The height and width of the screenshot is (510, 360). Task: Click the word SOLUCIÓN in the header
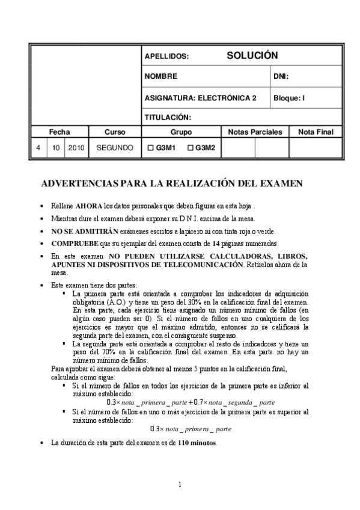click(252, 55)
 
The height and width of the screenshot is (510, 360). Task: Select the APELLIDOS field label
click(166, 57)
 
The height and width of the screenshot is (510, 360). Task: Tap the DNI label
click(281, 76)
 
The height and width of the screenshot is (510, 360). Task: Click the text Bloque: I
click(289, 97)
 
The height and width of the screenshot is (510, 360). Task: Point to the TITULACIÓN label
click(168, 117)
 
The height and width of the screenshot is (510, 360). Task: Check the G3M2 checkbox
click(191, 147)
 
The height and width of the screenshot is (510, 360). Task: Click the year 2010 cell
click(76, 147)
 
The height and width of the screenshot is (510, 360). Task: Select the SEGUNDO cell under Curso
click(115, 147)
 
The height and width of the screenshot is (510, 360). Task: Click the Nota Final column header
click(311, 132)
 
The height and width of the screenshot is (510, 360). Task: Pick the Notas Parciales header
click(255, 132)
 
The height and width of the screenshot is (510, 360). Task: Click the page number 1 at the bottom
click(180, 485)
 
